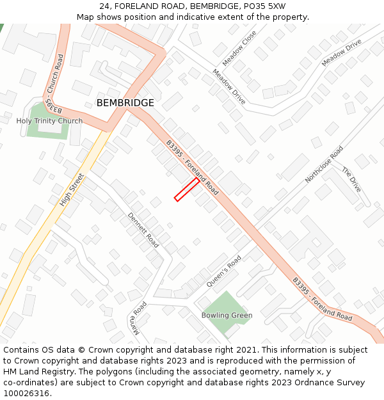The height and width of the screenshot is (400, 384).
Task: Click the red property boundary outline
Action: coord(186,189)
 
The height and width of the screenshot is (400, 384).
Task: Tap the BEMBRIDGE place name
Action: coord(125,103)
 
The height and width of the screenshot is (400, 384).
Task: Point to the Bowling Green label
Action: coord(227,316)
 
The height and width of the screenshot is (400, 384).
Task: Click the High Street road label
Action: coord(72,189)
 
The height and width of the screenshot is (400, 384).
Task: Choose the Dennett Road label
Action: coord(143,230)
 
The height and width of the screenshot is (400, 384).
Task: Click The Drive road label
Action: coord(351,180)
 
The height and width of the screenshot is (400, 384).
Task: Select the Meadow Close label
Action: coord(243,44)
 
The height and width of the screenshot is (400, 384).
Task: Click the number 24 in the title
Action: coord(105,6)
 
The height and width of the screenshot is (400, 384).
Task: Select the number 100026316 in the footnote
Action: coord(26,393)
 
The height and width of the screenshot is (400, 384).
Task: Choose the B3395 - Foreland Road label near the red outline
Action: coord(192,168)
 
